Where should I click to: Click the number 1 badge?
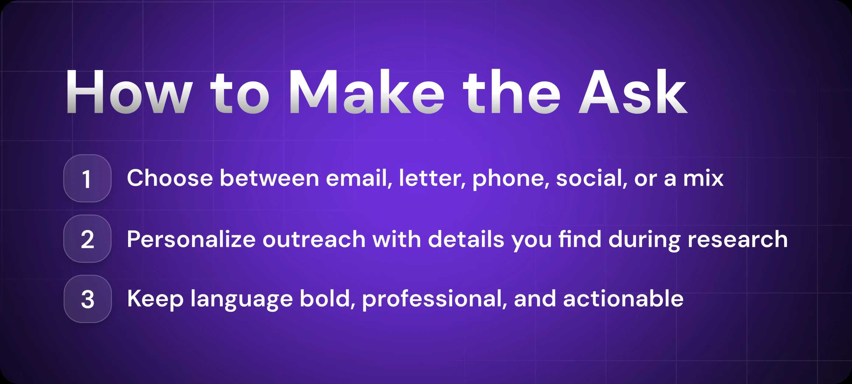[x=87, y=179]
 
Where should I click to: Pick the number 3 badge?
[x=88, y=299]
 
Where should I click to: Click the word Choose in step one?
[x=170, y=178]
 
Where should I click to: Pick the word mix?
[x=703, y=179]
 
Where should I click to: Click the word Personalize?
[x=191, y=239]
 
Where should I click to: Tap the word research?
[x=737, y=239]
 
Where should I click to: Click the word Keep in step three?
[x=155, y=299]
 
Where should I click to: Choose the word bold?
[x=327, y=299]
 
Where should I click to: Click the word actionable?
[x=623, y=299]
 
